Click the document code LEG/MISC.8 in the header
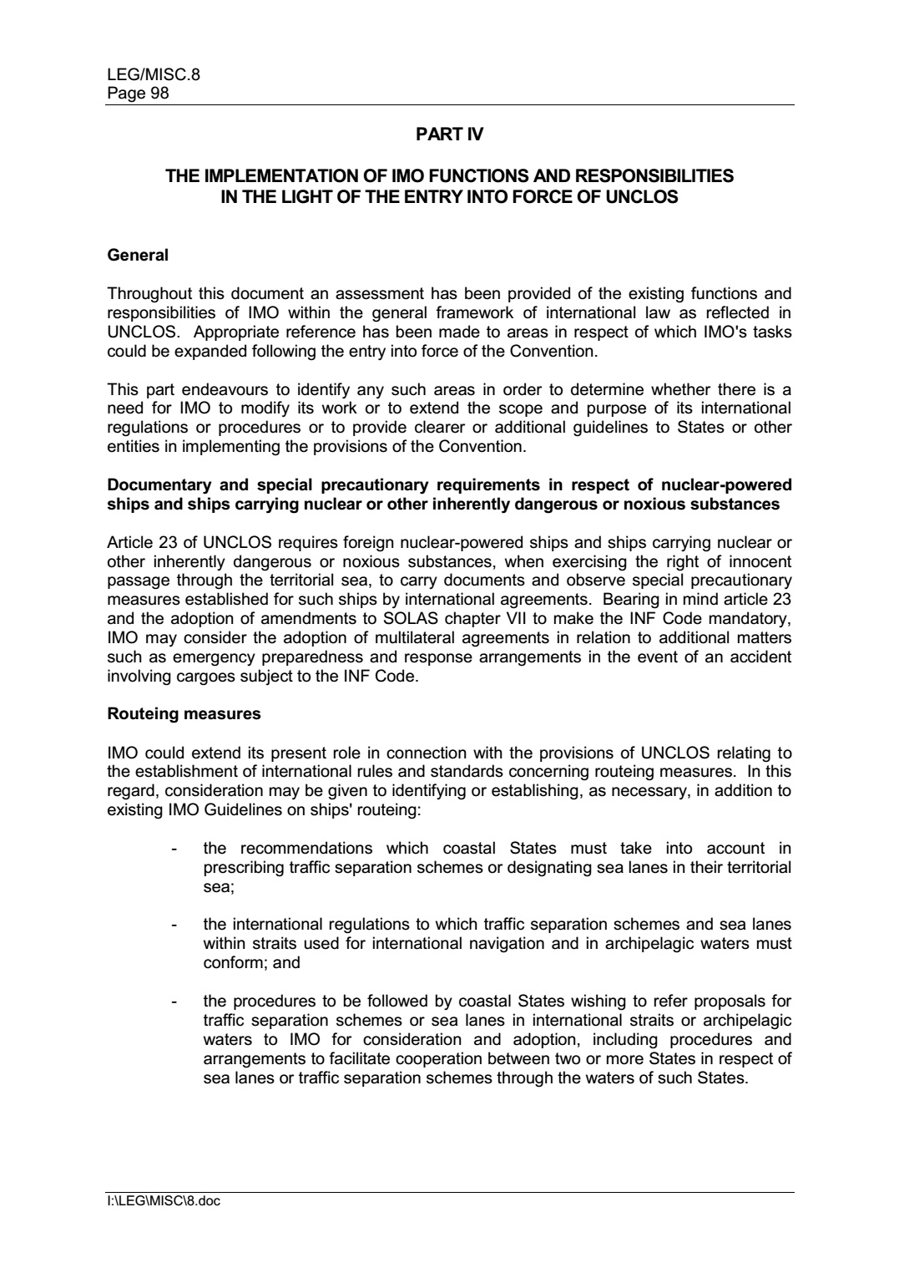pos(154,76)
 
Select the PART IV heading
pos(449,134)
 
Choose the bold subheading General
pos(138,256)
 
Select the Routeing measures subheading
pos(184,715)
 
